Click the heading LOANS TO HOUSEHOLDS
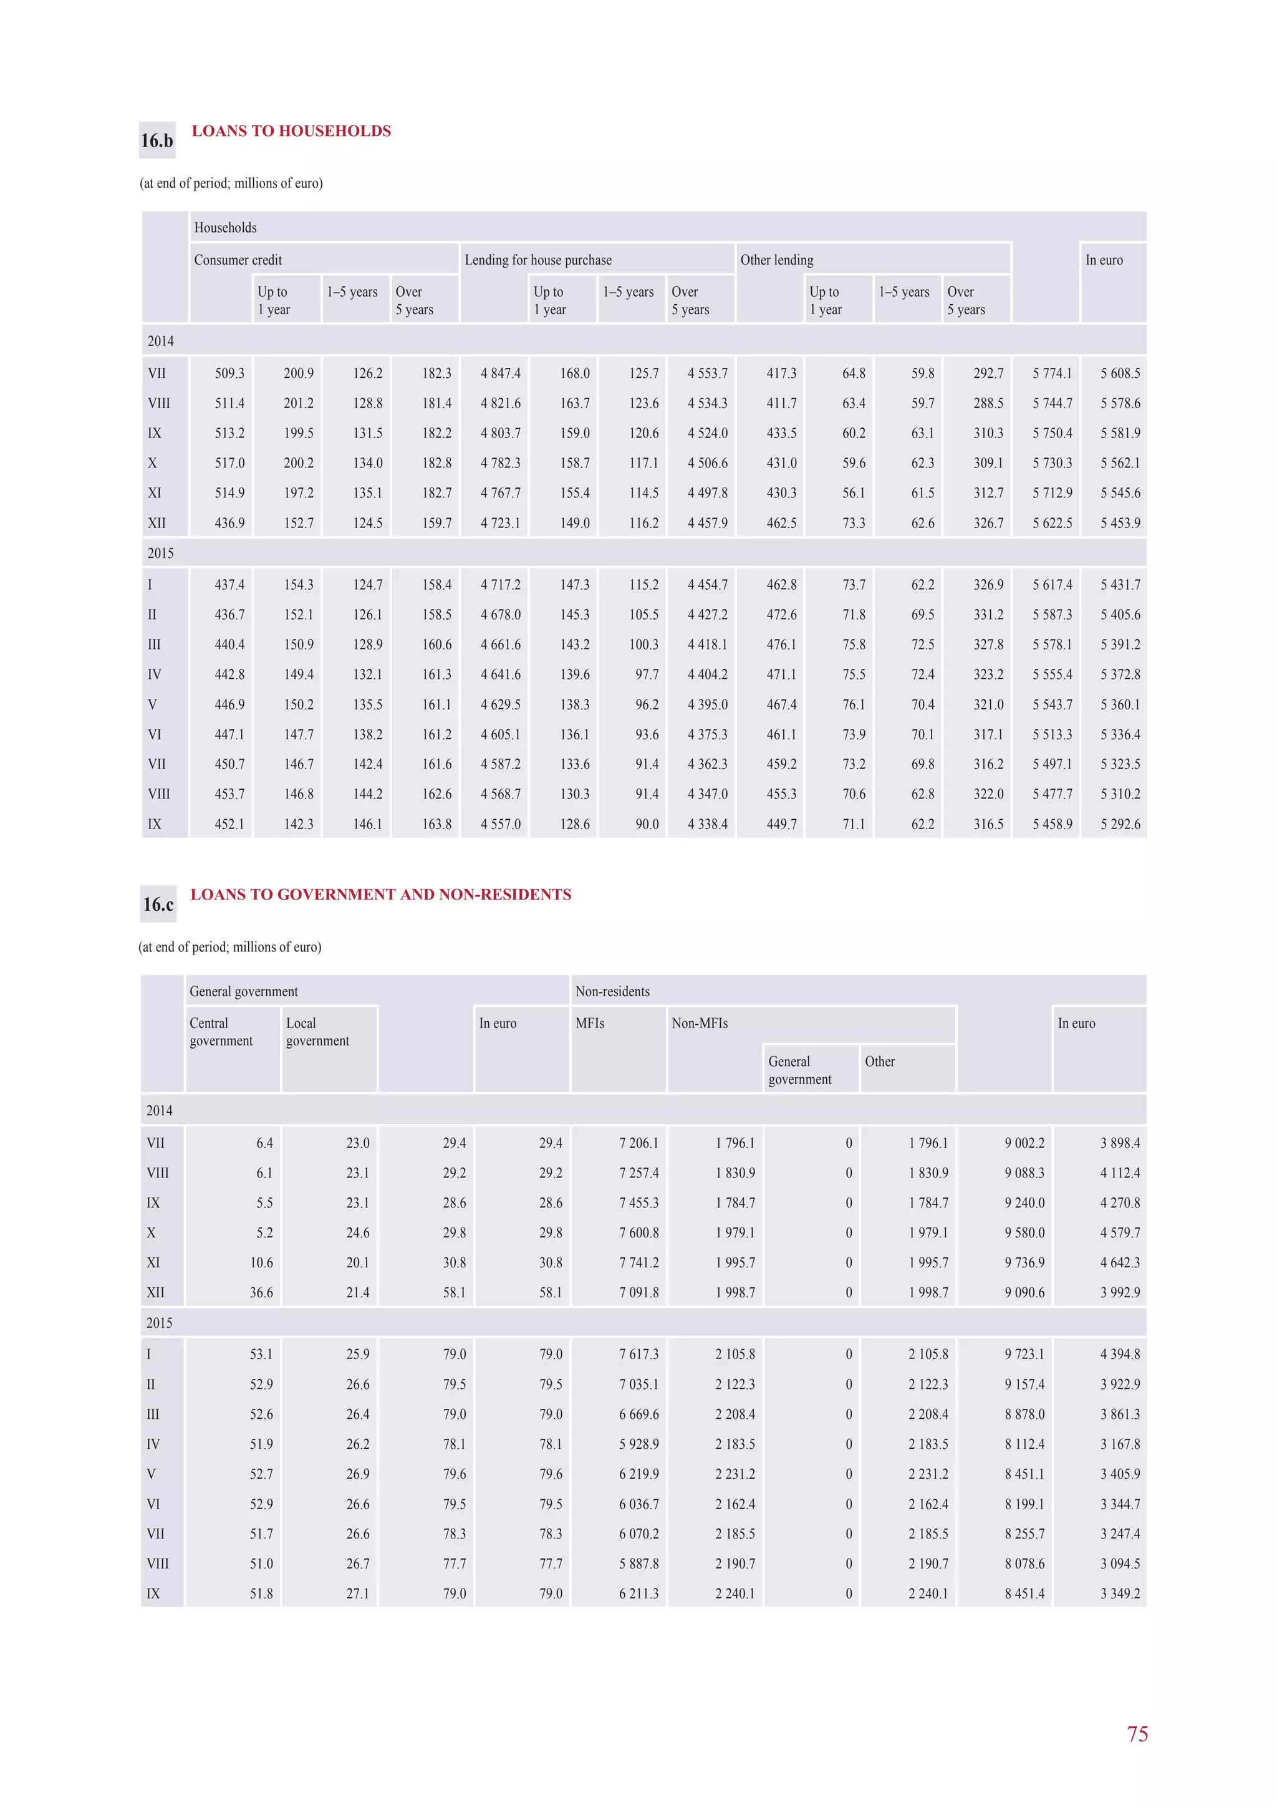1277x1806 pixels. coord(291,132)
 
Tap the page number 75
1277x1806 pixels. coord(1137,1734)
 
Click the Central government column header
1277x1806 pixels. coord(221,1032)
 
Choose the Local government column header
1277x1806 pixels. coord(317,1032)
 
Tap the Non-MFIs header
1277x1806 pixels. coord(700,1024)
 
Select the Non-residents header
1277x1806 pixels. coord(612,991)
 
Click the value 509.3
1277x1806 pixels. coord(229,373)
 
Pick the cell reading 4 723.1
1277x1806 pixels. coord(501,523)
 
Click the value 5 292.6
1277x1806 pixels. coord(1120,824)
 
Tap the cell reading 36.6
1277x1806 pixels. coord(261,1292)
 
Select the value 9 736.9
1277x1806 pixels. coord(1024,1262)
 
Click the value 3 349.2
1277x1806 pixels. coord(1120,1593)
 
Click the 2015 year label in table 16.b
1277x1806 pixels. coord(160,553)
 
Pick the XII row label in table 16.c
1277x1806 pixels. coord(156,1292)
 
